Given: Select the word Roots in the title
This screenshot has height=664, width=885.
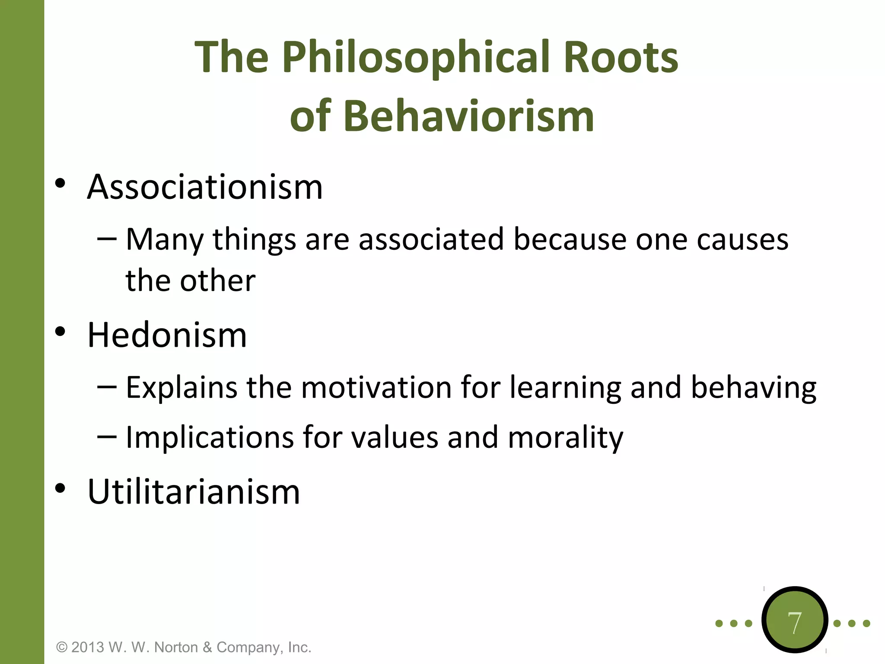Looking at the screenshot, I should (621, 57).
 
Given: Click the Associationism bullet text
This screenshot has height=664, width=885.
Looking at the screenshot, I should (205, 187).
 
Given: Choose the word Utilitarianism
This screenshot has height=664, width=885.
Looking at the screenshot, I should (194, 492).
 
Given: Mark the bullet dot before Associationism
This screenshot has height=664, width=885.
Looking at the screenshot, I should (60, 184).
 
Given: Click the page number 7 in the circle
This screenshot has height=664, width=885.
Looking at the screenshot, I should (794, 623).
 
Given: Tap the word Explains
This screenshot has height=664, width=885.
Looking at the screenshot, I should (181, 388).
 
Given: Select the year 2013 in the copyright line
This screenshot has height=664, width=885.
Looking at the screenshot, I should (88, 647).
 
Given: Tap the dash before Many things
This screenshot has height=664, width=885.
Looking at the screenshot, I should (107, 239).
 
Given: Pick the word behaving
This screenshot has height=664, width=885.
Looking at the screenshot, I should (753, 388).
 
